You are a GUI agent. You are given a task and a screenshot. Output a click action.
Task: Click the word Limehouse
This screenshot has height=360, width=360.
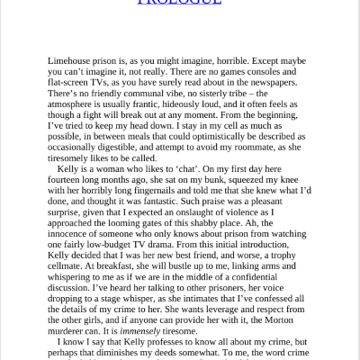click(x=75, y=61)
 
